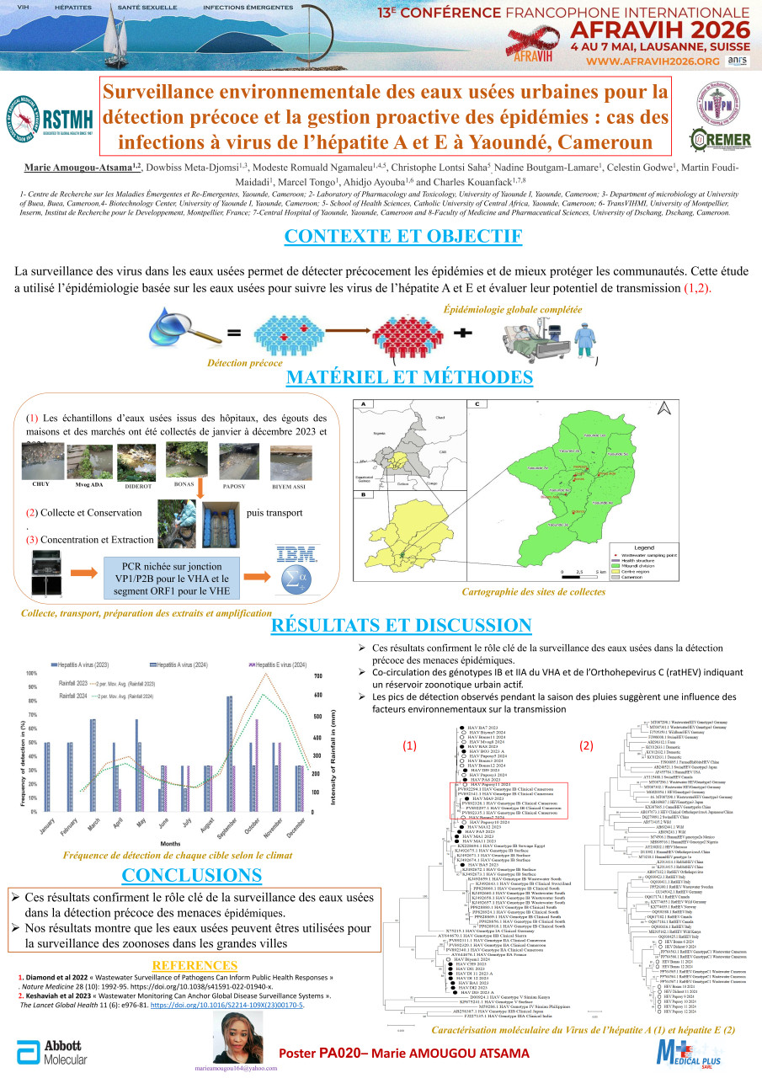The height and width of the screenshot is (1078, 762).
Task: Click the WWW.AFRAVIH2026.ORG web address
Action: click(653, 61)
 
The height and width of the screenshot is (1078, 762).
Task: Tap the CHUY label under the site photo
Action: click(40, 485)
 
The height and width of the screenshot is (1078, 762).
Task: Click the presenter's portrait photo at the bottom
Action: click(242, 1038)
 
